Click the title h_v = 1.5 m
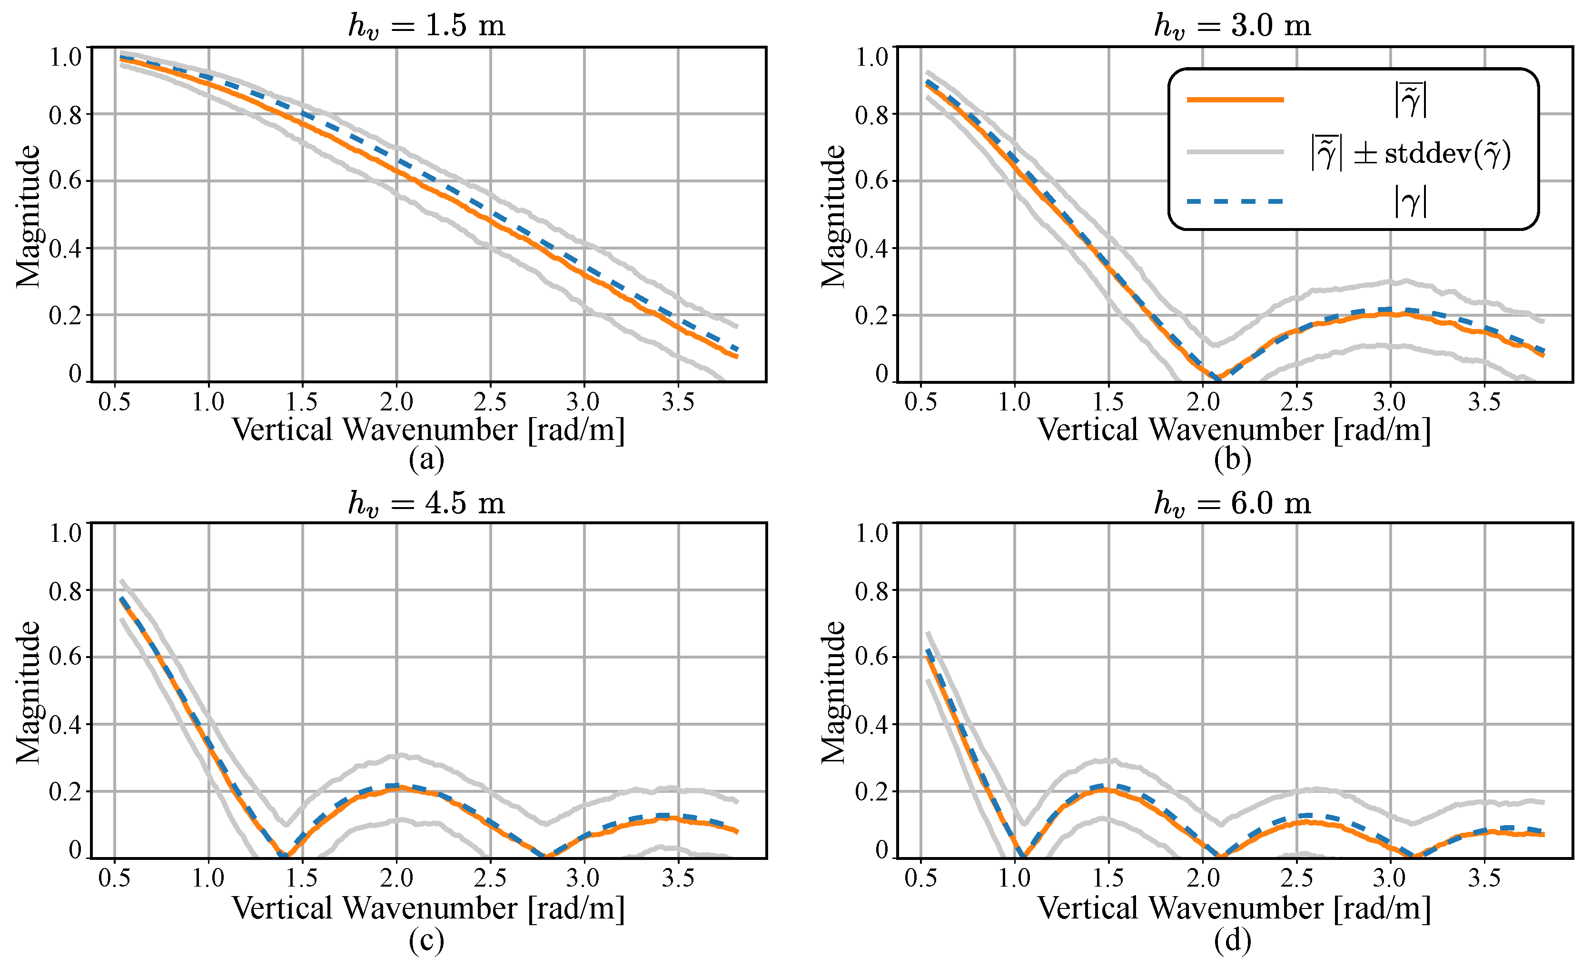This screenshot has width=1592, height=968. [x=426, y=26]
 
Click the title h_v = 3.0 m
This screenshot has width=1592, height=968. [x=1232, y=26]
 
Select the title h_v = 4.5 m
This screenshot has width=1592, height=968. [x=426, y=503]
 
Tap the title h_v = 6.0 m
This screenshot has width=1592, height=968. [x=1232, y=503]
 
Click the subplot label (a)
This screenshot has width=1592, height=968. [x=426, y=459]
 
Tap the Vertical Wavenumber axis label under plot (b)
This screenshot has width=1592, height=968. [x=1234, y=429]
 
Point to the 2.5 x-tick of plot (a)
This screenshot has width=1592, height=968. [x=490, y=402]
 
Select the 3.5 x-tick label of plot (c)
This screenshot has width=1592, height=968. [x=678, y=878]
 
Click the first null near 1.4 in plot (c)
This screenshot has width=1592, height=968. [x=284, y=856]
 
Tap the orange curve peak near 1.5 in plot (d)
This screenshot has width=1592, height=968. [x=1106, y=789]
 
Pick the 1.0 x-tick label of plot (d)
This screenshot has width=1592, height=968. [x=1014, y=878]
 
